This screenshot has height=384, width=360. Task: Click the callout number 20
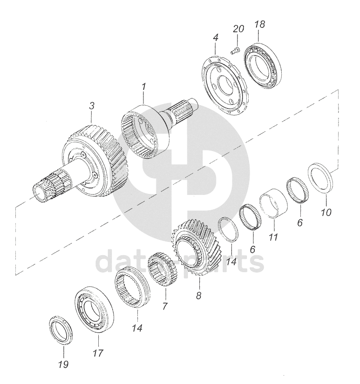(238, 29)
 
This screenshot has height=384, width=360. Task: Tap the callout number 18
(259, 24)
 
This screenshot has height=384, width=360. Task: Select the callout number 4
(216, 38)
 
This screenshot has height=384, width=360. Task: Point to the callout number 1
(144, 87)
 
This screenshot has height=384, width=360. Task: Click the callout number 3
(91, 106)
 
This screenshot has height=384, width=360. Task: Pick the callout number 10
(326, 212)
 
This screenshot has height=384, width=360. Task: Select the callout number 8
(198, 296)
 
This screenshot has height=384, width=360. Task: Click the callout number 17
(98, 353)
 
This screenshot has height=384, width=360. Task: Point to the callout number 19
(63, 364)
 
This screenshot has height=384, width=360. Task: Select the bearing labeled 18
(263, 65)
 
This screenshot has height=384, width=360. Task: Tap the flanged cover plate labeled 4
(226, 85)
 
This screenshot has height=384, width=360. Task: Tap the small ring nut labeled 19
(61, 331)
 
